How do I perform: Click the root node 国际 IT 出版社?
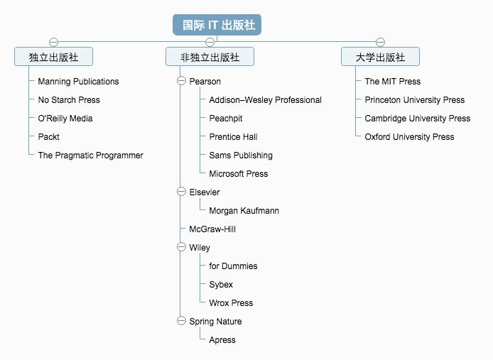(218, 25)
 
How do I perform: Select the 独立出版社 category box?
(53, 57)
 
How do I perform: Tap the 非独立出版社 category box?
(210, 57)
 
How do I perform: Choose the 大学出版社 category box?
(380, 57)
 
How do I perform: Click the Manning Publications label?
(78, 82)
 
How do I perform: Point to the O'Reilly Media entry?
(65, 119)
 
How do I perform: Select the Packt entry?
(48, 137)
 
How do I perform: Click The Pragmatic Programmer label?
(90, 156)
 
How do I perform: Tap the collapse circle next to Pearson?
(181, 82)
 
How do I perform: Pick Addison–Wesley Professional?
(265, 100)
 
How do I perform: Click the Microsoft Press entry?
(238, 174)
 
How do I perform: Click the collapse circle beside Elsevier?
(181, 192)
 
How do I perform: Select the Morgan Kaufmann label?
(244, 211)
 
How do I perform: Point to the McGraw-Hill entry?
(212, 229)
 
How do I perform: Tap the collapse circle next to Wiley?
(181, 248)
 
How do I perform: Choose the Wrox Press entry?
(231, 303)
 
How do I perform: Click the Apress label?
(222, 340)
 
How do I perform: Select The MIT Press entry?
(392, 82)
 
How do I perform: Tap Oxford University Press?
(409, 137)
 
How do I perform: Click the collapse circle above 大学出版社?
(380, 42)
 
